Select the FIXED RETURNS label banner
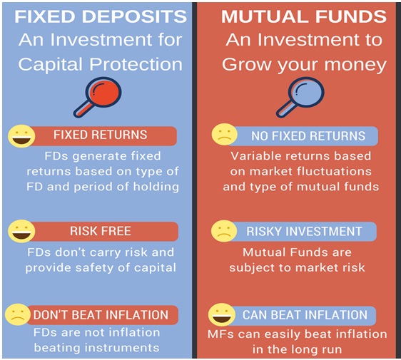(x=100, y=135)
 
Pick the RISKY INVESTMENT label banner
(x=304, y=232)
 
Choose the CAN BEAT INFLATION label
(x=304, y=314)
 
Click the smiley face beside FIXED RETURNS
(x=21, y=135)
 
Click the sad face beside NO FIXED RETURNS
(x=224, y=135)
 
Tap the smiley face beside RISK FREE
(x=21, y=231)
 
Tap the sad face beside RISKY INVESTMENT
(x=224, y=232)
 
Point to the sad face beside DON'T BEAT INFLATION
(x=17, y=314)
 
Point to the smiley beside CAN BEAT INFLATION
(x=222, y=314)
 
